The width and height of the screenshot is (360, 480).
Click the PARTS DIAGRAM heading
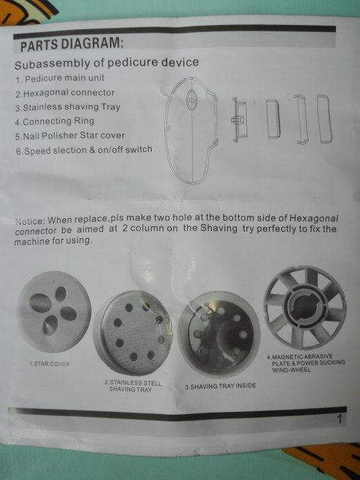click(72, 43)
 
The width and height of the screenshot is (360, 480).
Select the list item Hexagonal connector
click(65, 93)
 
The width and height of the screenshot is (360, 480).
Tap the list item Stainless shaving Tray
click(68, 107)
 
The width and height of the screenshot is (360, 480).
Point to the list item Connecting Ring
click(54, 121)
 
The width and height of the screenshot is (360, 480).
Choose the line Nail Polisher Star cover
click(70, 136)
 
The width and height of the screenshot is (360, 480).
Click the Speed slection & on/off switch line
click(84, 150)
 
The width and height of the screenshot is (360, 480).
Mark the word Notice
click(30, 221)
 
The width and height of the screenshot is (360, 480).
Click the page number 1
click(339, 419)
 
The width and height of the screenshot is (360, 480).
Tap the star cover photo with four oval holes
click(54, 312)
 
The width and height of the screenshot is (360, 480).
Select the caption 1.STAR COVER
click(49, 364)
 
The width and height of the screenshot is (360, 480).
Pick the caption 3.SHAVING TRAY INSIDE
click(220, 386)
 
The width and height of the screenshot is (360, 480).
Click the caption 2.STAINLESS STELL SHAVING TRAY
click(132, 386)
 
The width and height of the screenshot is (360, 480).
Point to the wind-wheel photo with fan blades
click(305, 307)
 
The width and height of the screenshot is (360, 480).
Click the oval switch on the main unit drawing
click(191, 99)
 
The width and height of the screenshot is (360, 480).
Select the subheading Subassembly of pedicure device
click(107, 63)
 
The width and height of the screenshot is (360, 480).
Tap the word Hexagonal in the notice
click(314, 218)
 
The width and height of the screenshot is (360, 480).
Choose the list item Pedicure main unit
click(60, 79)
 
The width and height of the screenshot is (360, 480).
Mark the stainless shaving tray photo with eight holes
click(134, 333)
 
